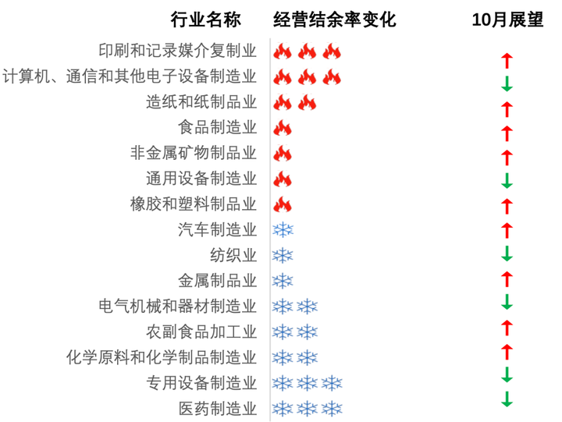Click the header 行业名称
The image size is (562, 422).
(206, 20)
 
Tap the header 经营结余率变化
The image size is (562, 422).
(335, 20)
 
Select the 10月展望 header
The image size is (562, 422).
(507, 20)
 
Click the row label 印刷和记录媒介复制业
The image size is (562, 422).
(177, 51)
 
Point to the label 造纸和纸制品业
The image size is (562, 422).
(201, 102)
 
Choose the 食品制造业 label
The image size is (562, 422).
(217, 127)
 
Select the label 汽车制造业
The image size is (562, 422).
(217, 229)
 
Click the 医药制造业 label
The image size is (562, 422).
(217, 408)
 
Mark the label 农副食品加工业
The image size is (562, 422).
(201, 332)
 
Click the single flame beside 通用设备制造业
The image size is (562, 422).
(283, 179)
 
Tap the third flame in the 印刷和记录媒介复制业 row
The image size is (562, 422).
(333, 52)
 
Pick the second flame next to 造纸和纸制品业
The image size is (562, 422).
(308, 103)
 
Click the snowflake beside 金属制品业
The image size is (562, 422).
(283, 281)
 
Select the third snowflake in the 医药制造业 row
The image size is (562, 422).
(333, 408)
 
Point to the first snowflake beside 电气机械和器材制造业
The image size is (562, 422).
(283, 307)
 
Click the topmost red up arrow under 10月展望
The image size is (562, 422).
(507, 59)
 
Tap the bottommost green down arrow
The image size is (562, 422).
(507, 399)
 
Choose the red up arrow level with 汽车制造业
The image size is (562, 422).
(507, 230)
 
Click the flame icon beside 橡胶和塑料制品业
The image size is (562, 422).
(283, 204)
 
